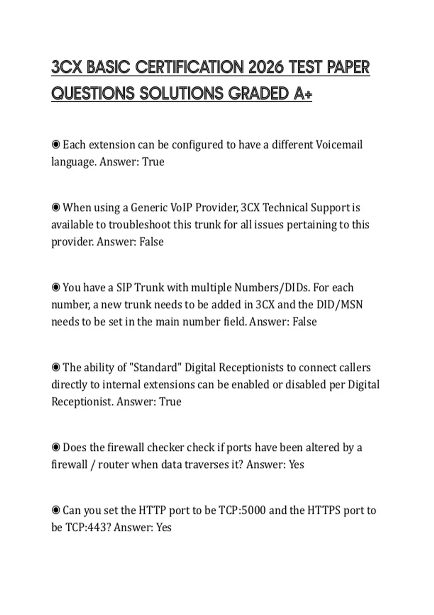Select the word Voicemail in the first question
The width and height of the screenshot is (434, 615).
point(339,145)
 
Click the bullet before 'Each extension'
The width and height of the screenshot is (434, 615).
point(56,145)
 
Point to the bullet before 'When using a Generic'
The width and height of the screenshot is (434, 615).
point(56,208)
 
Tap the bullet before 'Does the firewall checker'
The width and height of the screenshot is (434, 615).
point(56,448)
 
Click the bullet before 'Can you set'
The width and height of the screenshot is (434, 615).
point(56,510)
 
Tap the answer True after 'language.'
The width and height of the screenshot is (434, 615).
point(153,162)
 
